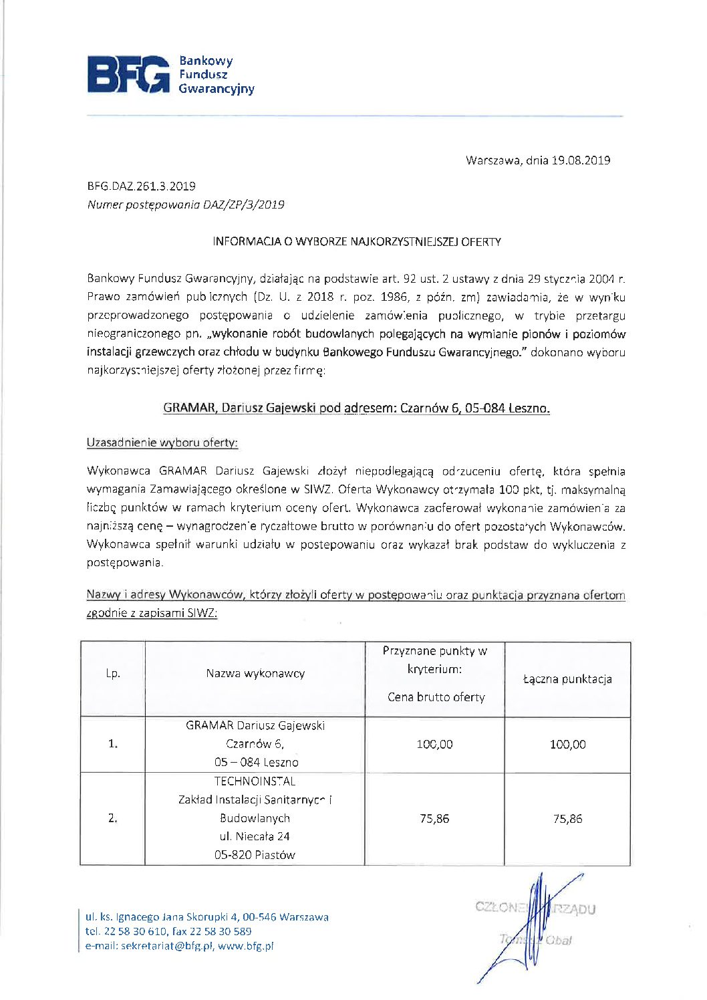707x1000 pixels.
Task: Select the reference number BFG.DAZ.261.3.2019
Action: click(x=141, y=186)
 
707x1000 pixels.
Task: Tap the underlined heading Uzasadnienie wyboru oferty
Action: click(x=162, y=443)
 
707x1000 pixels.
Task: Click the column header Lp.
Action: click(x=113, y=674)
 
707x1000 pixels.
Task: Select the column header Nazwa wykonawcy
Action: click(x=255, y=674)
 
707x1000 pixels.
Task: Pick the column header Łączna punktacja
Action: click(x=567, y=679)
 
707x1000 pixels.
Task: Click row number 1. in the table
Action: click(x=113, y=744)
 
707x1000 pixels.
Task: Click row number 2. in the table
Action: click(x=113, y=818)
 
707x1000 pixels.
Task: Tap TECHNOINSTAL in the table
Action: click(x=255, y=781)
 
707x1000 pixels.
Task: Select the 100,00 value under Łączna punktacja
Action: click(x=567, y=745)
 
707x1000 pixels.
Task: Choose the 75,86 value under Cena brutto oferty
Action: click(x=434, y=819)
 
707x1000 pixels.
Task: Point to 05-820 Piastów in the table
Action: click(x=255, y=855)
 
